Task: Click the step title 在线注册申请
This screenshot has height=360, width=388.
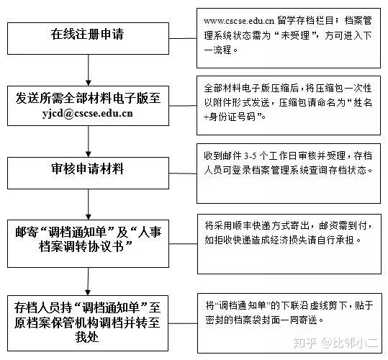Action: (87, 34)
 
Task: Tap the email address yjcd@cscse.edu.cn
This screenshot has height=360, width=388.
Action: (87, 113)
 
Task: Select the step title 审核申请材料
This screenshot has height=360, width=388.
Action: (87, 168)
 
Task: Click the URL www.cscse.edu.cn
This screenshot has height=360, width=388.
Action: (239, 21)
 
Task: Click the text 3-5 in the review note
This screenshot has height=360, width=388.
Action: (251, 156)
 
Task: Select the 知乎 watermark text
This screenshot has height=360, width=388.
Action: (305, 343)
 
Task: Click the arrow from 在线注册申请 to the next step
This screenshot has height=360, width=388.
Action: (89, 70)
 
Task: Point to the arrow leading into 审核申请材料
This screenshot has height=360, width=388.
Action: (89, 141)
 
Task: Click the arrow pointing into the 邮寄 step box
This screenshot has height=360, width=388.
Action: (89, 204)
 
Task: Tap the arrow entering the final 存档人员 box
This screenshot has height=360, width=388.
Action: (89, 282)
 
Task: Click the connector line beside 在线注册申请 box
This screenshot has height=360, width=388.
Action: (183, 38)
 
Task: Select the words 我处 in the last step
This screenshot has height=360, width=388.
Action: (87, 337)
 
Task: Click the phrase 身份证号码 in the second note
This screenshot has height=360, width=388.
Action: (233, 117)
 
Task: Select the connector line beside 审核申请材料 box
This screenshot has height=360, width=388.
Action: (183, 174)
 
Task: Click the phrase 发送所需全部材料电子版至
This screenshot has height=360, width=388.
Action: (88, 98)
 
